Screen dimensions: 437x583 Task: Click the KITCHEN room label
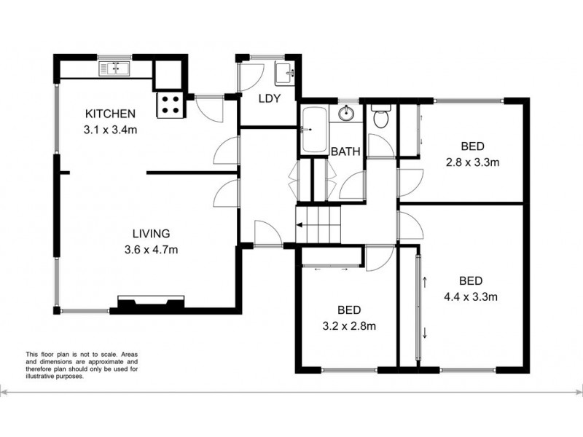pos(111,114)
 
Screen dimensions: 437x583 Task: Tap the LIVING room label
pos(151,234)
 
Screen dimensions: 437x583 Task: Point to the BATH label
pos(345,152)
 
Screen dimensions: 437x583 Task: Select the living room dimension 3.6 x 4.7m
pos(151,250)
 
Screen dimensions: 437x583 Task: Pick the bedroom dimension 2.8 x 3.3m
pos(472,162)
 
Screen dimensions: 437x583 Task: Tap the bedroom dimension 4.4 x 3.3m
pos(472,296)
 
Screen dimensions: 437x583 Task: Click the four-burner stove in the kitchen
pos(171,105)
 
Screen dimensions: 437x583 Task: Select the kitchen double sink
pos(114,69)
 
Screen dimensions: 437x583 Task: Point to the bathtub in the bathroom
pos(314,130)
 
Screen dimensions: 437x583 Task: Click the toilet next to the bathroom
pos(381,116)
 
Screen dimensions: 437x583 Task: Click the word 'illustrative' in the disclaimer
pos(44,377)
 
